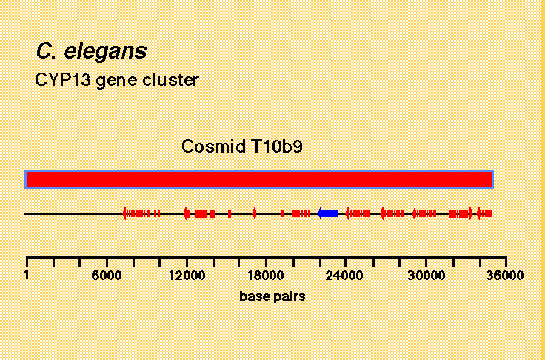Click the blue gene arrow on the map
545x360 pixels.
pos(328,213)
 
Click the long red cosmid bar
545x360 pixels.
pos(259,179)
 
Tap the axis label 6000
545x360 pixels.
pos(107,276)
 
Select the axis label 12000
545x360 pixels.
pos(187,276)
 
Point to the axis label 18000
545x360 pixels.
pos(266,276)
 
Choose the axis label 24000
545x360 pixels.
pos(344,276)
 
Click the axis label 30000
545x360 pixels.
pos(426,276)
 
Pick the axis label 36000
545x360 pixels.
pos(505,276)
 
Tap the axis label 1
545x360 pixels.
pos(27,275)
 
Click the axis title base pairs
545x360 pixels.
pos(272,297)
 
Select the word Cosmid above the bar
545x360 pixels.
pos(213,147)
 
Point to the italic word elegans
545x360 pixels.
pos(106,52)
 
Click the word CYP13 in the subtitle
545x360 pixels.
pos(63,80)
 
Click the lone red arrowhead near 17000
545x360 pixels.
pos(255,213)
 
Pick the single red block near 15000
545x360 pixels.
pos(230,213)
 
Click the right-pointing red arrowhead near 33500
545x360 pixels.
pos(471,213)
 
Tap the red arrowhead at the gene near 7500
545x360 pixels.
pos(124,213)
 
